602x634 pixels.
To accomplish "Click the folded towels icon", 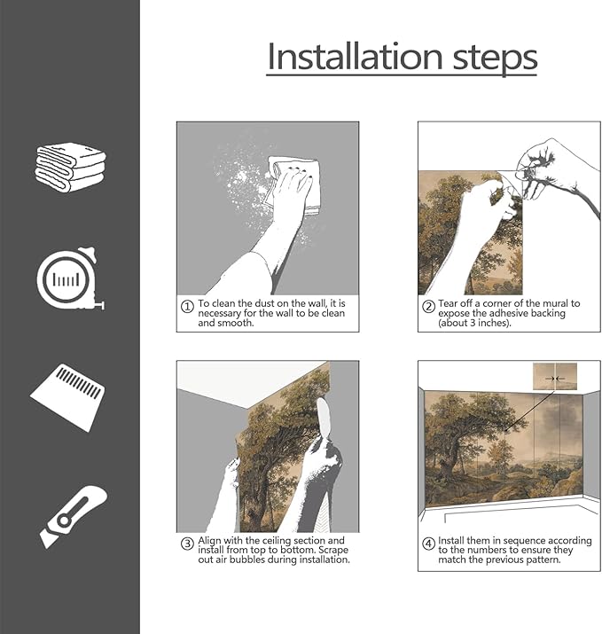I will pyautogui.click(x=70, y=165).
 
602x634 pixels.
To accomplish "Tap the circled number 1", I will pyautogui.click(x=187, y=307).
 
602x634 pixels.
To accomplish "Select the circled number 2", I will pyautogui.click(x=428, y=307).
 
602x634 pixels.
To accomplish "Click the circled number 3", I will pyautogui.click(x=187, y=544).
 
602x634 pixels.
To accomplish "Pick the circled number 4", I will pyautogui.click(x=428, y=544).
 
